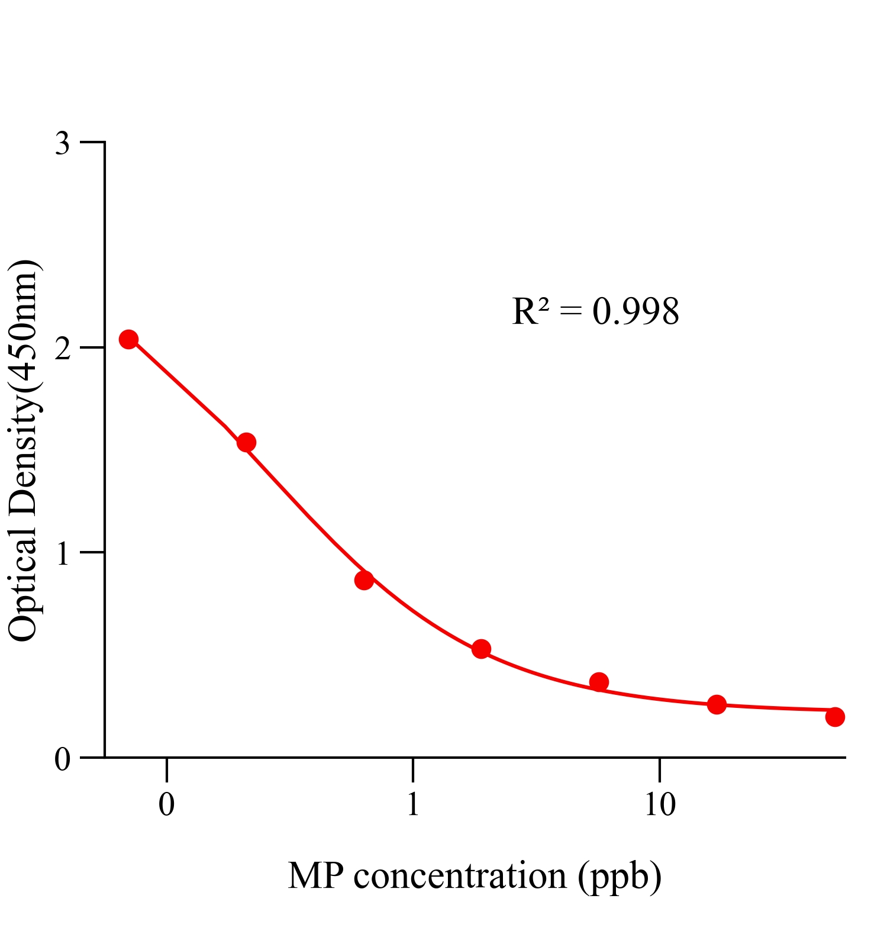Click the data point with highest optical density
click(128, 339)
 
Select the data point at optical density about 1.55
click(246, 442)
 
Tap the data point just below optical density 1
click(364, 580)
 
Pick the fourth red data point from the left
click(481, 649)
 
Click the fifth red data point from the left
click(599, 682)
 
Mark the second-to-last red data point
click(717, 704)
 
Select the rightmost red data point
click(834, 717)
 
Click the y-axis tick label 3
click(63, 144)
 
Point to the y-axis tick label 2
click(63, 349)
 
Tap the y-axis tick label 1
click(63, 554)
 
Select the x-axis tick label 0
click(167, 805)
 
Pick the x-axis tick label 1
click(413, 805)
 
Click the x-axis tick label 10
click(660, 805)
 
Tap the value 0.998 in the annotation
click(635, 312)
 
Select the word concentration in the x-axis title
click(460, 876)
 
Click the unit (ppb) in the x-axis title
click(620, 877)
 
